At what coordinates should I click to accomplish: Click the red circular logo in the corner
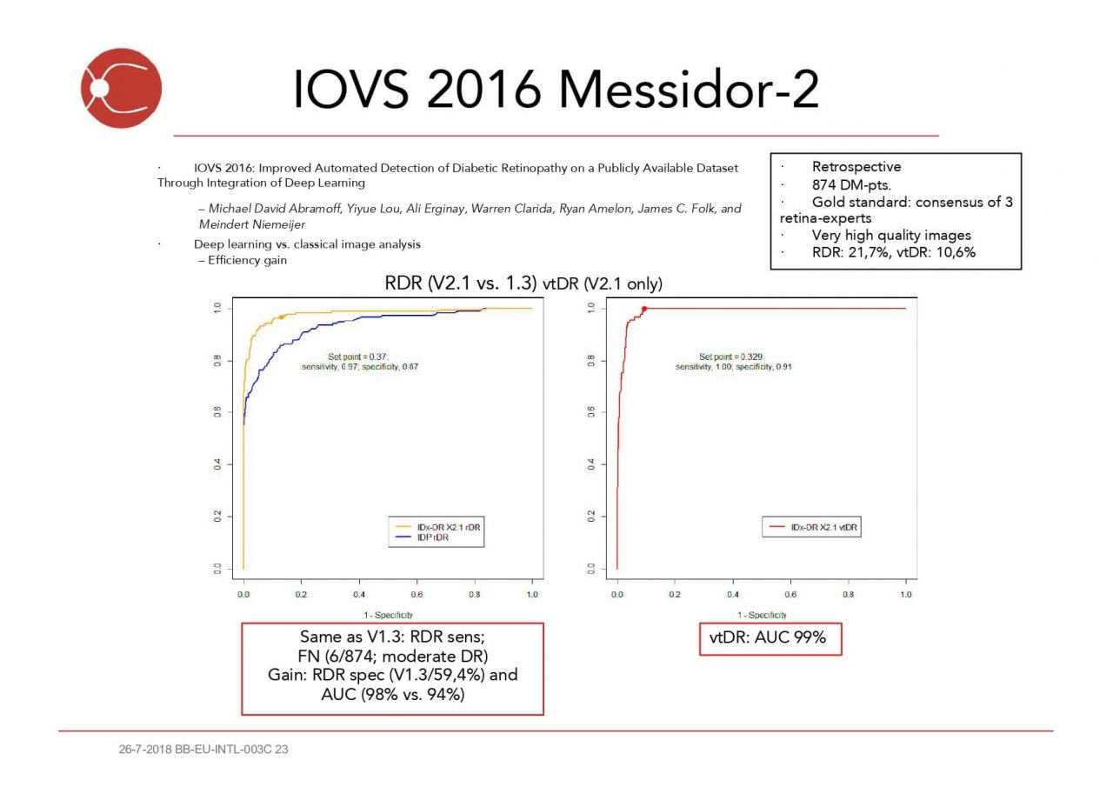pyautogui.click(x=121, y=88)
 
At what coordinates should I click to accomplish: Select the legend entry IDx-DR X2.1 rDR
pyautogui.click(x=437, y=527)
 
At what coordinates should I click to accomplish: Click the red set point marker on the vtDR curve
pyautogui.click(x=643, y=309)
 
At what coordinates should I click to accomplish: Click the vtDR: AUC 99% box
pyautogui.click(x=770, y=637)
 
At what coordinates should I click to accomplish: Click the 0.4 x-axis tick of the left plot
pyautogui.click(x=359, y=595)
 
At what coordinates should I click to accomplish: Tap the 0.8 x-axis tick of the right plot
pyautogui.click(x=848, y=595)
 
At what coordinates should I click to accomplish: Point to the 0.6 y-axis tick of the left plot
pyautogui.click(x=216, y=412)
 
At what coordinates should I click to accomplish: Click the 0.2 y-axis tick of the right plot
pyautogui.click(x=590, y=516)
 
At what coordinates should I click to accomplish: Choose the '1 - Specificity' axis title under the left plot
pyautogui.click(x=388, y=615)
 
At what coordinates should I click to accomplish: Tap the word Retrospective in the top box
pyautogui.click(x=856, y=166)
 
